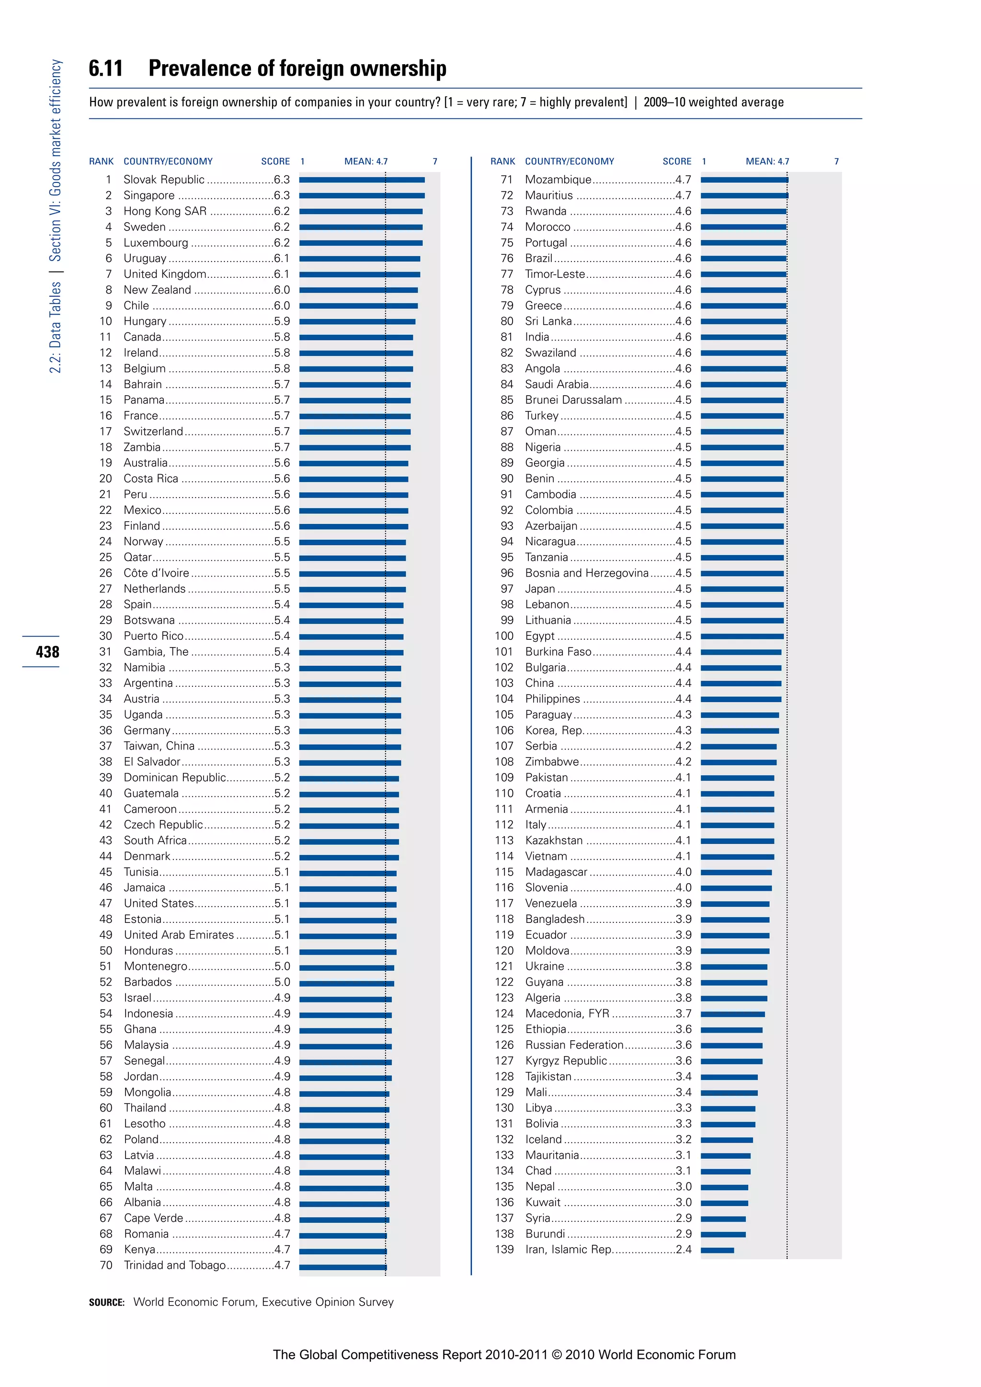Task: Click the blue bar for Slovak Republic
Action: pos(361,180)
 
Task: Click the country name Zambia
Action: pos(142,447)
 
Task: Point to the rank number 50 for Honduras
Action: pos(106,951)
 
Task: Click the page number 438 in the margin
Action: pos(47,652)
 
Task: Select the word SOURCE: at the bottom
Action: pos(106,1302)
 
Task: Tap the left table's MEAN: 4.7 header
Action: pos(365,161)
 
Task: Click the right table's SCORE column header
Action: pos(676,161)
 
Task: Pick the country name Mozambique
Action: pos(558,180)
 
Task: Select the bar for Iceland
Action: pos(726,1140)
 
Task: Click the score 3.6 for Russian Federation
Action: pos(683,1045)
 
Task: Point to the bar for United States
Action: pos(347,904)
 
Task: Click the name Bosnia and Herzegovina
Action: pos(586,573)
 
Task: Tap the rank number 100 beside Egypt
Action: pos(504,636)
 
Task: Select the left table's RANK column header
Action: pos(101,161)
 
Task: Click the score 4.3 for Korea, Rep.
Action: pos(683,730)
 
